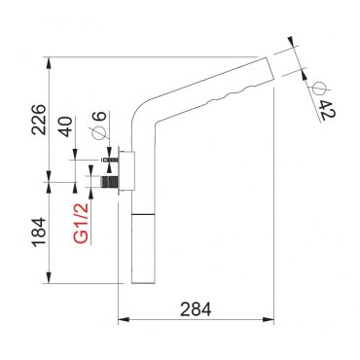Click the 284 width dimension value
[x=196, y=309]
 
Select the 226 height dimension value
[x=39, y=120]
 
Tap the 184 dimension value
[x=39, y=233]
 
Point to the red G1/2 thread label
[x=81, y=224]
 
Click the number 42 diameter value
[x=327, y=110]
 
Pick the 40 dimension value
[x=66, y=126]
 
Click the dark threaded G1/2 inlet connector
[x=109, y=182]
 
